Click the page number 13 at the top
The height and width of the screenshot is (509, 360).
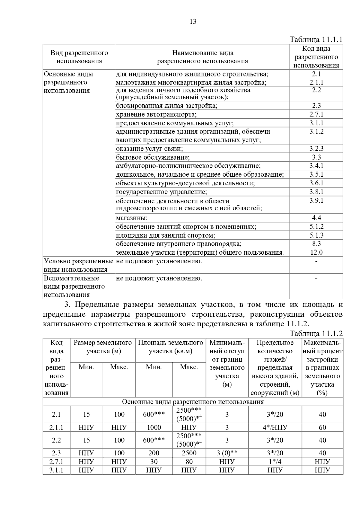tap(193, 21)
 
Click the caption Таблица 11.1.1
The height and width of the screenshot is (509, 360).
tap(316, 40)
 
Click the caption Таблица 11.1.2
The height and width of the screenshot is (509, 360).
tap(316, 334)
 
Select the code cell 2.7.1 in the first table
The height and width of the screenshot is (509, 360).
tap(316, 114)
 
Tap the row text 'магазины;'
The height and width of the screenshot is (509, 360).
tap(132, 218)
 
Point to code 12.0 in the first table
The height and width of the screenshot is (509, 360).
tap(316, 252)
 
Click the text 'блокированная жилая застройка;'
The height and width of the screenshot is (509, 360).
tap(166, 106)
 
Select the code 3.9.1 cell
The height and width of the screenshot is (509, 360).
tap(316, 200)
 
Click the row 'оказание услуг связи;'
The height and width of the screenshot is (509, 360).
tap(149, 149)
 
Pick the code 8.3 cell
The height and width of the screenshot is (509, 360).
tap(316, 244)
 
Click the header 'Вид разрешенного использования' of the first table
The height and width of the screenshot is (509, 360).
tap(79, 57)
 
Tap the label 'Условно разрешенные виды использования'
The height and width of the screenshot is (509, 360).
tap(79, 265)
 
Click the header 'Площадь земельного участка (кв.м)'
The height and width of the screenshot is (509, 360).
tap(170, 347)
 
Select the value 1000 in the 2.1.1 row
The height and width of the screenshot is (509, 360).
tap(154, 427)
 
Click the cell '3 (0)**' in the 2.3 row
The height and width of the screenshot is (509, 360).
tap(227, 453)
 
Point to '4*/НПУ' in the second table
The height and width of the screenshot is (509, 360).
tap(275, 427)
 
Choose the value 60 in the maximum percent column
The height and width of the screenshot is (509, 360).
tap(322, 427)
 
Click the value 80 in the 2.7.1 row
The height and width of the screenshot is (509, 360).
tap(189, 462)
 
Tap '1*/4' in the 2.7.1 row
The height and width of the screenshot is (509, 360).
tap(275, 462)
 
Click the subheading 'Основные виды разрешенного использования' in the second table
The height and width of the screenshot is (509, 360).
tap(193, 402)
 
